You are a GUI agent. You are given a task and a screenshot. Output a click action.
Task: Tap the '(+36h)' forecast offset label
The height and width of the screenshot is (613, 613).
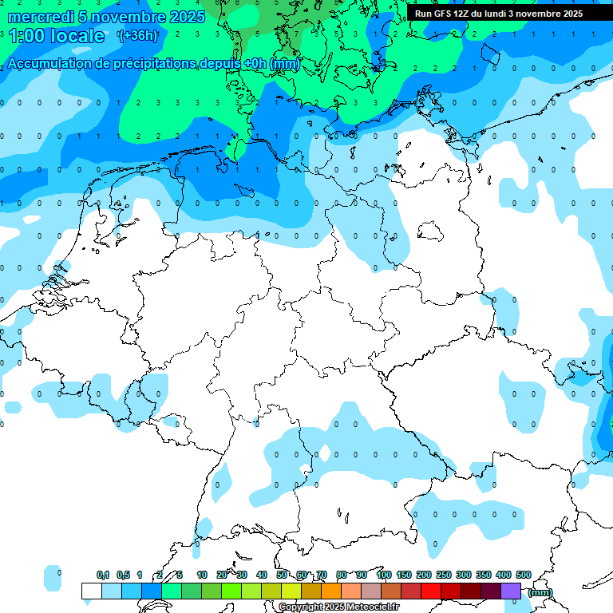point(137,35)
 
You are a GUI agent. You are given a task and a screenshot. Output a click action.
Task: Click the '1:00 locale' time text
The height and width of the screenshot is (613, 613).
point(56,36)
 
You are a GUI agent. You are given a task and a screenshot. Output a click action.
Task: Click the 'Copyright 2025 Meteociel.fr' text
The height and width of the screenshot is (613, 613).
point(338,607)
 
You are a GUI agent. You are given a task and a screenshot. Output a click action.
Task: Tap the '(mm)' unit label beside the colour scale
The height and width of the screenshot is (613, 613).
point(540,592)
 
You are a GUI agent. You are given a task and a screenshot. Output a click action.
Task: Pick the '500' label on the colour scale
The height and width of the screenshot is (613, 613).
point(524,575)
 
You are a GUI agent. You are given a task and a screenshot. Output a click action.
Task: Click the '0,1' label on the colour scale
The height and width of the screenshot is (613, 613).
point(103,575)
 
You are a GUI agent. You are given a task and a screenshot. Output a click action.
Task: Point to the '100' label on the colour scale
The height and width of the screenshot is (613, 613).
point(383,575)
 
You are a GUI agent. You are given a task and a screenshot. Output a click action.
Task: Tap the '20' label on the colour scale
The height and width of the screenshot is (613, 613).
point(222,575)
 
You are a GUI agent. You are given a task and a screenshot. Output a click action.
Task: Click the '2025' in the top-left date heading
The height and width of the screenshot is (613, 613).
point(188,17)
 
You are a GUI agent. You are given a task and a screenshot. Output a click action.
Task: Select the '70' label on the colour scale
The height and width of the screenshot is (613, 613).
point(322,575)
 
